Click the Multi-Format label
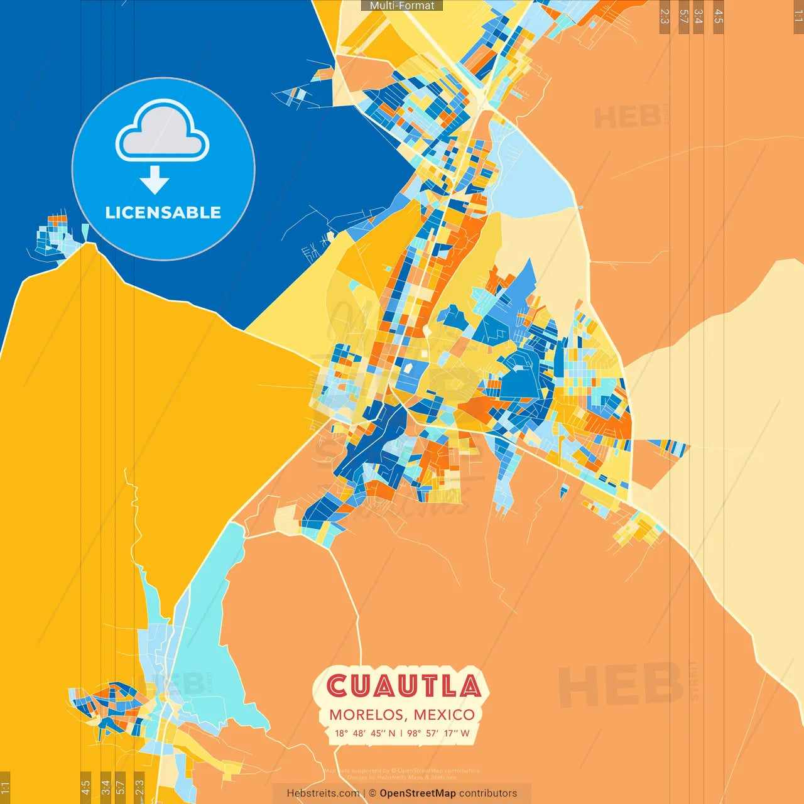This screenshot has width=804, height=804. point(402,6)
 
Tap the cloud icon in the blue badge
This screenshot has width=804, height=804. point(163,131)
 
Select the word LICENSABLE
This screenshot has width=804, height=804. point(163,213)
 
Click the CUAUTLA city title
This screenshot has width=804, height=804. point(403,686)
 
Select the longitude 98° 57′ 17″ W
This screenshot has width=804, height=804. point(438,733)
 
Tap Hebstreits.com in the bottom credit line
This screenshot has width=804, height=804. point(323,793)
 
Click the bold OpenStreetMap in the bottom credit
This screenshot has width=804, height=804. point(418,793)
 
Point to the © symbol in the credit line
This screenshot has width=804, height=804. point(372,793)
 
